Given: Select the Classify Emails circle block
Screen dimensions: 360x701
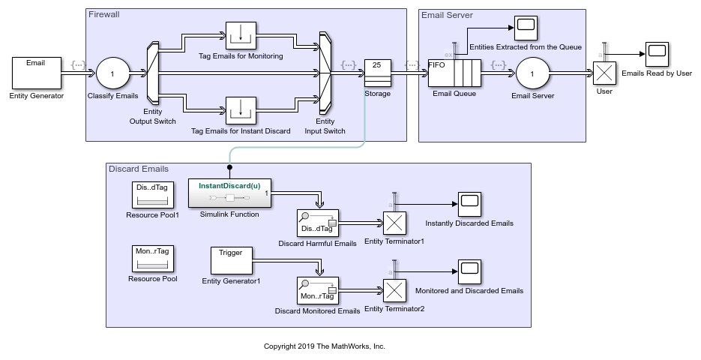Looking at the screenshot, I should click(x=112, y=73).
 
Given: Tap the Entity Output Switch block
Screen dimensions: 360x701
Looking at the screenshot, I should click(x=151, y=73).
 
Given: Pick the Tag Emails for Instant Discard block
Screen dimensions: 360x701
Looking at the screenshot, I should click(x=241, y=109).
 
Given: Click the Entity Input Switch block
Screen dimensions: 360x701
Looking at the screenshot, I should click(x=325, y=73).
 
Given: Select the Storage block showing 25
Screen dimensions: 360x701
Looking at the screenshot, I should click(x=377, y=73).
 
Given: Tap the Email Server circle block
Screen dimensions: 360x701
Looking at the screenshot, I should click(x=532, y=73).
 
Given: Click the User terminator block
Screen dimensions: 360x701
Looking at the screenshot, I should click(x=604, y=73).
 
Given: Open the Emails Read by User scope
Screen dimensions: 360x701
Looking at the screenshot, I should click(x=658, y=52).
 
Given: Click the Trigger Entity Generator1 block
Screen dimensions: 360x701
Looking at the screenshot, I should click(x=231, y=259).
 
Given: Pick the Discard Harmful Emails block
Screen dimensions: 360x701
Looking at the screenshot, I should click(x=318, y=223).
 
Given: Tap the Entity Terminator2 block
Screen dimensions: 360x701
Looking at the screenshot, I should click(x=394, y=290).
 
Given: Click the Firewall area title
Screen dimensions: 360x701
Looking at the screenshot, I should click(x=103, y=14).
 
